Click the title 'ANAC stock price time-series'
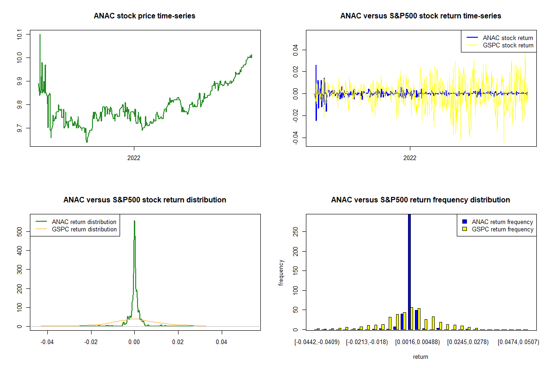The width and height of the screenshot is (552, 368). coord(144,16)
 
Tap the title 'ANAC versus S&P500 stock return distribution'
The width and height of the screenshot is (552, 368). coord(144,200)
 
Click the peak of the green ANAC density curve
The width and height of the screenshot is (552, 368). coord(134,221)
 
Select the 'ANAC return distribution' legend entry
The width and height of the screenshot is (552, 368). coord(84,222)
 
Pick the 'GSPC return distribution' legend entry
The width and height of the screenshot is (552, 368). coord(84,229)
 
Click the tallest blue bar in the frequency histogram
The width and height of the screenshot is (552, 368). coord(409,271)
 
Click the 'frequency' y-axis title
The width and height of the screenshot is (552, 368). coord(281,273)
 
